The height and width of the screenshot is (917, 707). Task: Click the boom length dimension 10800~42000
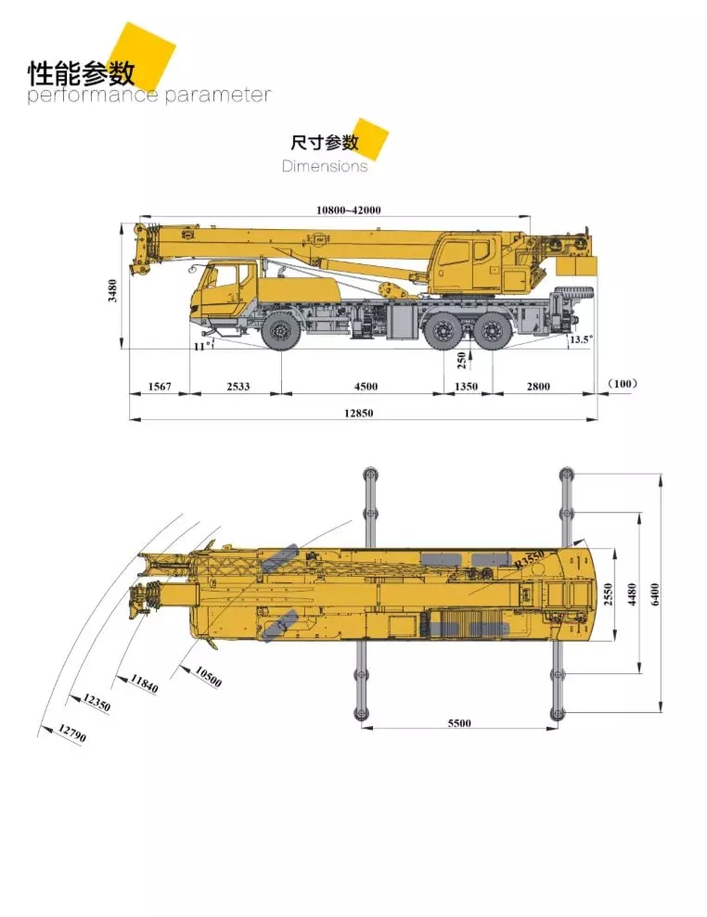[348, 210]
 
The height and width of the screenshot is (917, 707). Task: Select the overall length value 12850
[359, 414]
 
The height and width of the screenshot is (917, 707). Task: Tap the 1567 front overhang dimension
[160, 386]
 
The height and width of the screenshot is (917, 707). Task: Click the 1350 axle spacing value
[465, 386]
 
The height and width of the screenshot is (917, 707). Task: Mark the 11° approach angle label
[199, 347]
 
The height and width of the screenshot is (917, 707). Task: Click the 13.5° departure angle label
[580, 340]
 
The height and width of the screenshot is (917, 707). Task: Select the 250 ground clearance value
[461, 360]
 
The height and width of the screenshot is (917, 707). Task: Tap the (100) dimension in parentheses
[623, 384]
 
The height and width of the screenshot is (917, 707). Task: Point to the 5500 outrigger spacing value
[458, 723]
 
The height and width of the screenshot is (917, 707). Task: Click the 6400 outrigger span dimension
[656, 593]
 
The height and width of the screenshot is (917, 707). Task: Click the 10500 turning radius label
[208, 677]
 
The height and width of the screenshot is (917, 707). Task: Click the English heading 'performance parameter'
[149, 96]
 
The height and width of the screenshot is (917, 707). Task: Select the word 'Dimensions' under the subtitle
[325, 167]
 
